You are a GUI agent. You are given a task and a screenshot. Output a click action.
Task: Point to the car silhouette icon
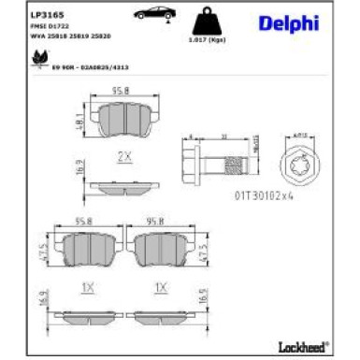(x=151, y=16)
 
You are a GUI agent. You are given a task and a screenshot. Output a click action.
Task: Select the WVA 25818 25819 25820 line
(x=68, y=39)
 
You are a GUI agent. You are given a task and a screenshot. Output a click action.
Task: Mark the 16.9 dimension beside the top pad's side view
(x=82, y=172)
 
